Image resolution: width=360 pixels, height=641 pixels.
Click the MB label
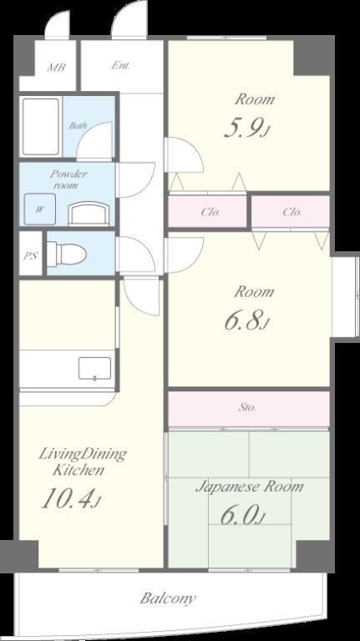coord(56,67)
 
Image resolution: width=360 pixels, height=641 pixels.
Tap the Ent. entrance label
coord(121,65)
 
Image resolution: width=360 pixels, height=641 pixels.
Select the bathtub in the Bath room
coord(40,126)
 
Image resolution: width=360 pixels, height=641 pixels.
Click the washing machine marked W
coord(40,209)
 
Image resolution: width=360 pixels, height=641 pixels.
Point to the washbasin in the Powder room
coord(89,214)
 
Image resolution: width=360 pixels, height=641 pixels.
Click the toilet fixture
coord(66,254)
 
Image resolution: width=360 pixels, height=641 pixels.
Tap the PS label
coord(30,256)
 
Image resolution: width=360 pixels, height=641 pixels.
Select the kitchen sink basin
coord(94,368)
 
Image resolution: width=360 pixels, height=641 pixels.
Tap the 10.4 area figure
coord(70,500)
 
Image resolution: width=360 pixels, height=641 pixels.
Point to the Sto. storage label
coord(247,407)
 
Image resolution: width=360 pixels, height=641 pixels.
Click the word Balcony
coord(168,599)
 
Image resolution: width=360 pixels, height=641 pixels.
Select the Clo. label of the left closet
coord(210,212)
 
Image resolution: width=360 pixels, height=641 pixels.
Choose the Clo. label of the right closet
coord(292,212)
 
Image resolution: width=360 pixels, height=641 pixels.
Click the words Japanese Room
coord(250,487)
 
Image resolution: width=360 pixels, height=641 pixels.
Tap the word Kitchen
coord(79,470)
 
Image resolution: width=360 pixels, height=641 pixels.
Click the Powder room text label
coord(68,179)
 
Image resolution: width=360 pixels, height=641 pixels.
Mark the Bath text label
coord(78,125)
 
